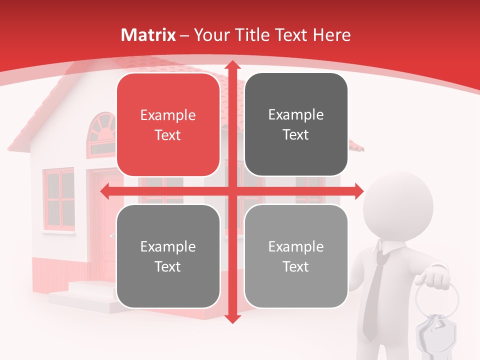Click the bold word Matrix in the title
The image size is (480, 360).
[148, 35]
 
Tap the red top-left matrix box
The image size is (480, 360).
[168, 125]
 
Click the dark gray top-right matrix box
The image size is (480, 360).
[296, 124]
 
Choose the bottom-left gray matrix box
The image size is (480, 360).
[168, 256]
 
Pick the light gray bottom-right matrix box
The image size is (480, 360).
[296, 256]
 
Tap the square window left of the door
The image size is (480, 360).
[59, 200]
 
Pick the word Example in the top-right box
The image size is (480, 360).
[296, 115]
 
